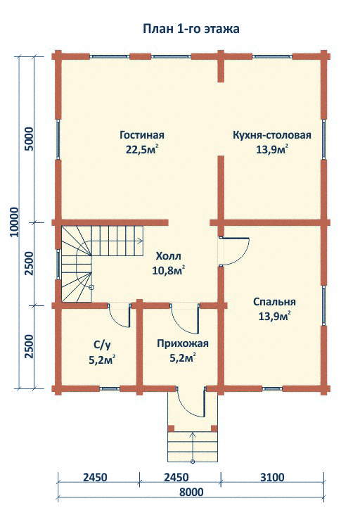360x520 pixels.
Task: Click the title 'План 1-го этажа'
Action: pyautogui.click(x=191, y=29)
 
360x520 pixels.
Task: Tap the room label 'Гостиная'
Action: pyautogui.click(x=142, y=135)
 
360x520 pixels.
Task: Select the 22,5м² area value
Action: pyautogui.click(x=141, y=149)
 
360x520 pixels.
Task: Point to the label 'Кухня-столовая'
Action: pyautogui.click(x=272, y=135)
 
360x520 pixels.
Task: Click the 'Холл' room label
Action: pyautogui.click(x=168, y=256)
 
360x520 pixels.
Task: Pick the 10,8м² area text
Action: pyautogui.click(x=168, y=271)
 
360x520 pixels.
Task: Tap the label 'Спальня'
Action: pyautogui.click(x=274, y=302)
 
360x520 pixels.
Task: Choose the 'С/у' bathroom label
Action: pyautogui.click(x=102, y=345)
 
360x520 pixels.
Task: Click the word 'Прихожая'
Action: pyautogui.click(x=183, y=343)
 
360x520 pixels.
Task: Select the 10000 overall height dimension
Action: pyautogui.click(x=14, y=222)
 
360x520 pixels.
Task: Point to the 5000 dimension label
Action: pyautogui.click(x=30, y=139)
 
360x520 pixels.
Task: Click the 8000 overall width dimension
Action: pyautogui.click(x=191, y=492)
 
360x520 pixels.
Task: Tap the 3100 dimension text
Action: pyautogui.click(x=272, y=478)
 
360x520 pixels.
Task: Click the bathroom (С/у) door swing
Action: pyautogui.click(x=117, y=319)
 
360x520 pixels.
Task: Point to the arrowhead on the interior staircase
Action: pyautogui.click(x=141, y=241)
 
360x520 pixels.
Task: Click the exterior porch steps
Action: pyautogui.click(x=193, y=446)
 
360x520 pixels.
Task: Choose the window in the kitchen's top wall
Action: pyautogui.click(x=272, y=57)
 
